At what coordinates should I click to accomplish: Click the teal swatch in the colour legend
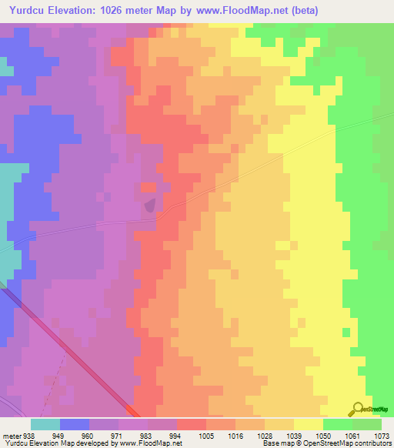(45, 424)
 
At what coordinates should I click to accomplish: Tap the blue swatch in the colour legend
(75, 424)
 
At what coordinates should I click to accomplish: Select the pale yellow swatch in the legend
(309, 424)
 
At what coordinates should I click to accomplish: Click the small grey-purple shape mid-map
(150, 204)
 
